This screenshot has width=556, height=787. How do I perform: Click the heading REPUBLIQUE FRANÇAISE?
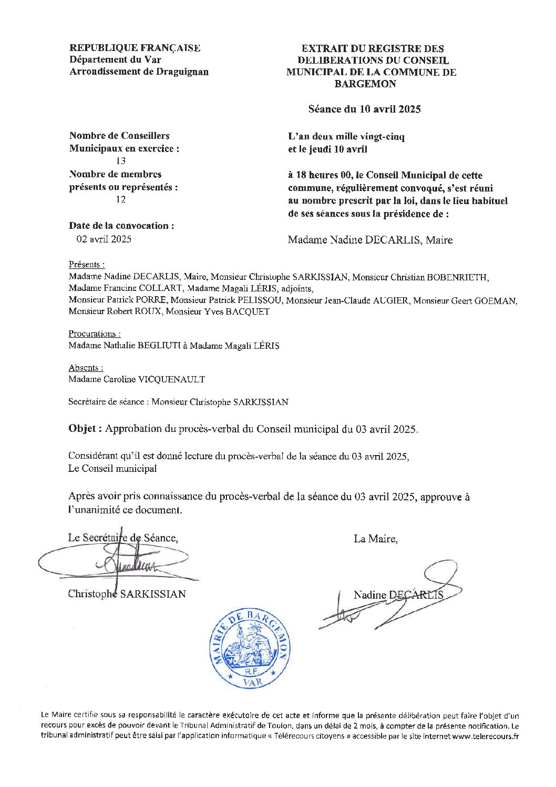tap(135, 48)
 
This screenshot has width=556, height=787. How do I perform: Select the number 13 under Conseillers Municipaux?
tap(121, 162)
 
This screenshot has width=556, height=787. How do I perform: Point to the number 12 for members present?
tap(121, 199)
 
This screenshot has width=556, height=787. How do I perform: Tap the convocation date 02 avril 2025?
tap(104, 239)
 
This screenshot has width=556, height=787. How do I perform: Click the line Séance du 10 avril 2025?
tap(364, 109)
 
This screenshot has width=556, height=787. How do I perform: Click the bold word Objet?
tap(82, 429)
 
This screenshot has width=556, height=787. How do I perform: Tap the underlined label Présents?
tap(86, 265)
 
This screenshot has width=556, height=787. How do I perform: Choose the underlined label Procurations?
tap(94, 334)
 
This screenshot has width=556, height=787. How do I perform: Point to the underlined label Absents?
tap(85, 368)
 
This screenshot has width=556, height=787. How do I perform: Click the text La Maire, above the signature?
tap(376, 539)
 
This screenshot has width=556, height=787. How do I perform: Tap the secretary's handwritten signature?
tap(126, 564)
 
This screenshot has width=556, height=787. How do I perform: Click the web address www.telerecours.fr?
tap(485, 736)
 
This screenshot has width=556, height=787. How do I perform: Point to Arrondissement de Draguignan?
tap(139, 72)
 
